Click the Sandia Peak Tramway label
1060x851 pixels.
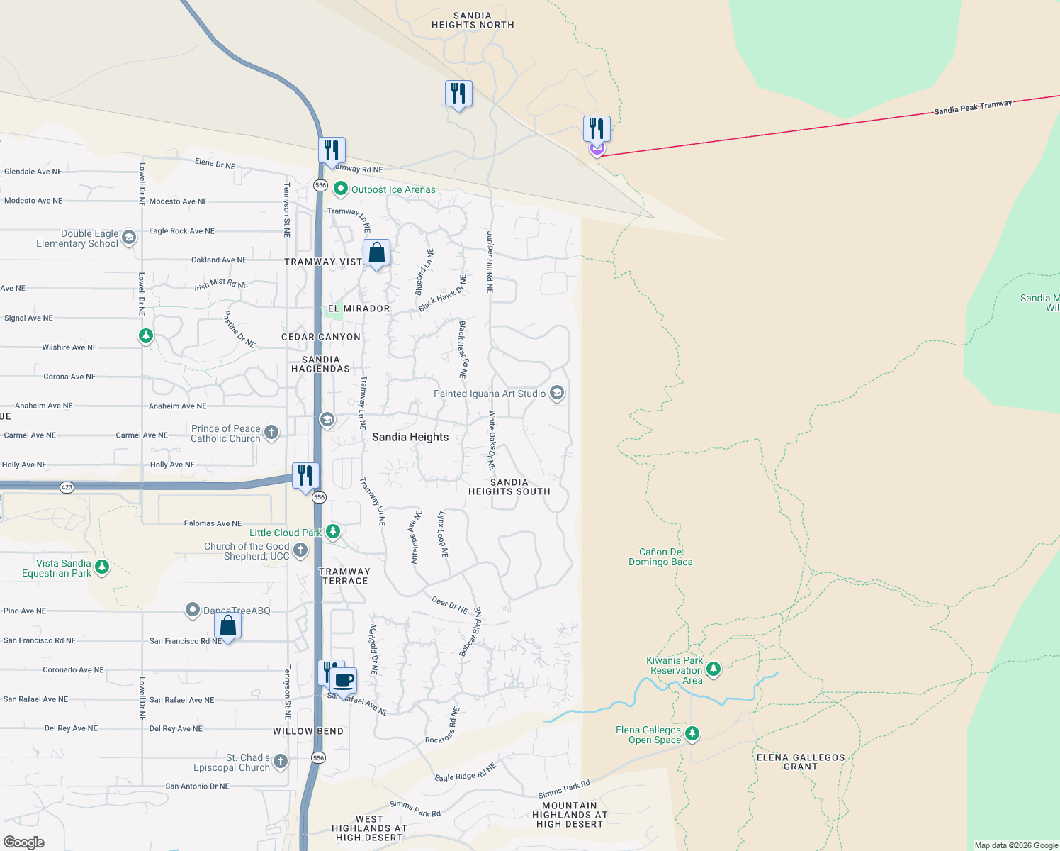(x=973, y=107)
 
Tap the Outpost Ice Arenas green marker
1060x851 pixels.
(x=341, y=189)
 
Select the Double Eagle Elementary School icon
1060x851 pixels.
(x=129, y=238)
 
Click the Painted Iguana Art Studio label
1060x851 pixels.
(x=490, y=394)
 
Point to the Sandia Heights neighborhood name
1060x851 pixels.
(x=410, y=437)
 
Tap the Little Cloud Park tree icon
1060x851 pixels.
(x=333, y=531)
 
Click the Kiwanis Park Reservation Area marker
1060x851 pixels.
(x=714, y=669)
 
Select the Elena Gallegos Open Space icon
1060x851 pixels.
(x=692, y=733)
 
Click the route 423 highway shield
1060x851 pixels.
(x=67, y=487)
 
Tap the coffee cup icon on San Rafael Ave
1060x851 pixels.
(x=344, y=681)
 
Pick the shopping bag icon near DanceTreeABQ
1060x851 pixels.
(x=228, y=625)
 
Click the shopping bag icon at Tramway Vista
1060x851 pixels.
(x=377, y=252)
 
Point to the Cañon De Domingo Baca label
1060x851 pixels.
(x=660, y=557)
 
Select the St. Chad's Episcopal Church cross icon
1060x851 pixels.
(x=281, y=762)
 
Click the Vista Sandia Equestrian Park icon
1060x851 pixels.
(x=102, y=567)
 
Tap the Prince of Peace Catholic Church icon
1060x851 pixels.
(x=271, y=432)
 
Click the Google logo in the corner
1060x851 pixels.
(x=24, y=842)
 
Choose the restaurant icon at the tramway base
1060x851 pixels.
(x=597, y=128)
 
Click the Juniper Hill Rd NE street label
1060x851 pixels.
(x=490, y=262)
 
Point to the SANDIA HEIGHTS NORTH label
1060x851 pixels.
(x=473, y=20)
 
